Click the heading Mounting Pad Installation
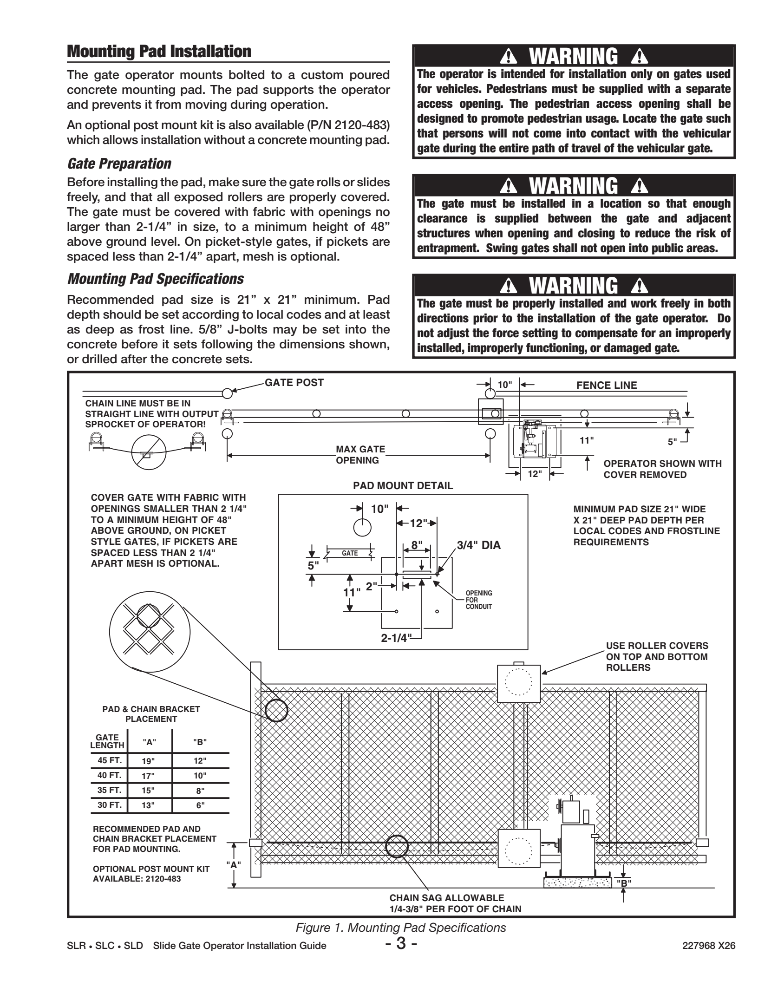point(159,52)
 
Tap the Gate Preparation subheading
point(119,164)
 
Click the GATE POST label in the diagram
point(294,383)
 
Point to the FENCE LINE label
point(607,385)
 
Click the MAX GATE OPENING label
point(360,455)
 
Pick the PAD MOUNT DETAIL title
point(403,486)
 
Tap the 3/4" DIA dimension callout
point(478,546)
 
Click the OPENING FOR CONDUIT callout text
point(478,600)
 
